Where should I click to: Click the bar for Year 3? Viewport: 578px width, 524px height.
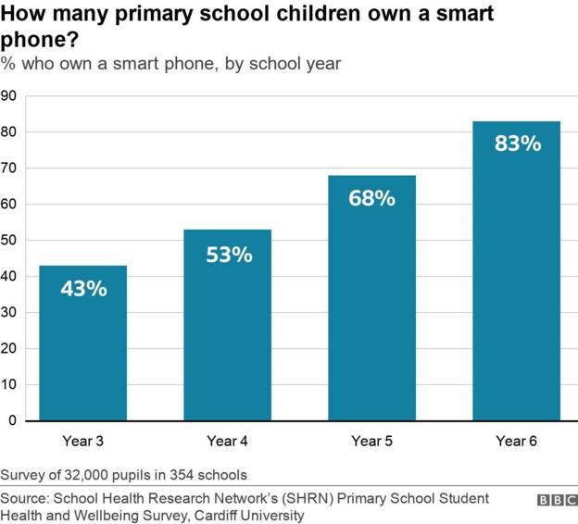click(x=82, y=343)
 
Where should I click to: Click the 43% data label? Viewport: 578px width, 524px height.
click(x=82, y=289)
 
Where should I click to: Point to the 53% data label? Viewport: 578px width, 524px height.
click(x=228, y=255)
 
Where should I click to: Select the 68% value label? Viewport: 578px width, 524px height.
click(x=371, y=198)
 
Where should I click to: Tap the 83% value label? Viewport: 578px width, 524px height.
click(x=517, y=143)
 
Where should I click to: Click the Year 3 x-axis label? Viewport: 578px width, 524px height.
click(x=82, y=442)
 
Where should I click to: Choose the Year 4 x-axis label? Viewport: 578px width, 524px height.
click(x=227, y=442)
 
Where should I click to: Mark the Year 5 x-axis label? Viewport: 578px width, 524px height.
click(x=371, y=442)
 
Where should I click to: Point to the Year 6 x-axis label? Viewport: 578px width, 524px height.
click(x=516, y=442)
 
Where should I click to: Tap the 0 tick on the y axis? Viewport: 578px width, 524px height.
click(x=12, y=421)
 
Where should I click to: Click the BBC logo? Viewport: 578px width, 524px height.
click(x=556, y=500)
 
